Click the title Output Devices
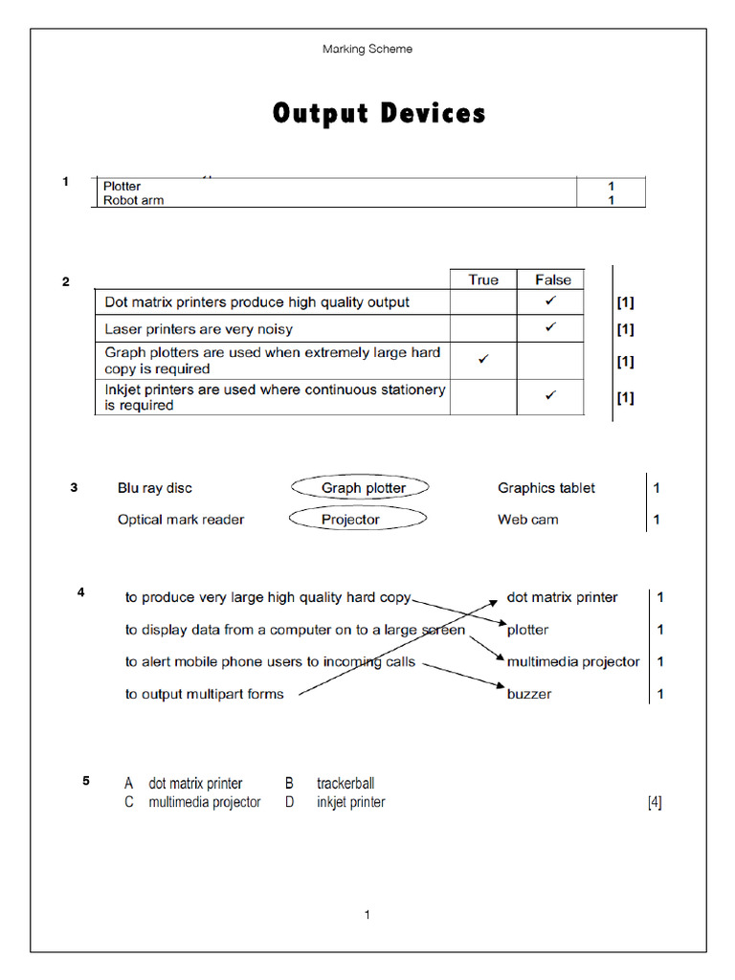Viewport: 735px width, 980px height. [x=379, y=114]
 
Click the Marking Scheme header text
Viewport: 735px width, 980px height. [x=367, y=49]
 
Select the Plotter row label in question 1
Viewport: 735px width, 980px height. [x=122, y=186]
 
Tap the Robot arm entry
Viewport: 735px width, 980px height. [x=134, y=200]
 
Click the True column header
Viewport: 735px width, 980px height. [x=483, y=279]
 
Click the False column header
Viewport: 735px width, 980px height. [x=552, y=279]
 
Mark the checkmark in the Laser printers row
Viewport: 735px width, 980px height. [x=550, y=327]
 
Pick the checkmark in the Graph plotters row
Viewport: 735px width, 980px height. [x=483, y=359]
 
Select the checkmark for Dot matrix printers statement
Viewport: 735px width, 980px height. [x=550, y=301]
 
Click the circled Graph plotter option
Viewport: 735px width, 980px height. [x=362, y=488]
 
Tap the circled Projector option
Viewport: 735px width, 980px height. [x=351, y=520]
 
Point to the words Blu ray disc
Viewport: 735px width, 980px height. [x=155, y=488]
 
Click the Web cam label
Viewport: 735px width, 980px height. [x=528, y=520]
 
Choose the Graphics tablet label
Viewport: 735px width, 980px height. [x=546, y=488]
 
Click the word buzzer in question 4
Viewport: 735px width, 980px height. [x=529, y=694]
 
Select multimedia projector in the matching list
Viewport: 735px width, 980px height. [x=573, y=661]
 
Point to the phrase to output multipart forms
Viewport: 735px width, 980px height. [x=204, y=694]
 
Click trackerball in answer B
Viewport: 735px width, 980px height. [x=345, y=784]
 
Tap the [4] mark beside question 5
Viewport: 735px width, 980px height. [x=655, y=802]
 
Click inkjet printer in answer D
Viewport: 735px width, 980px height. [x=351, y=802]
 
